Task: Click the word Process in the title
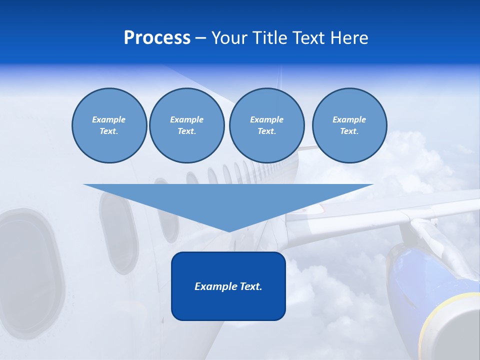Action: pyautogui.click(x=157, y=38)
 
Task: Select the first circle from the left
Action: pyautogui.click(x=109, y=125)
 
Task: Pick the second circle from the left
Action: pyautogui.click(x=186, y=125)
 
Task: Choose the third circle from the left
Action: pyautogui.click(x=266, y=125)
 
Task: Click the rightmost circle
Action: pyautogui.click(x=349, y=125)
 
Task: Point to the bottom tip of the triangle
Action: pyautogui.click(x=228, y=231)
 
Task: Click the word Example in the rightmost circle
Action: pyautogui.click(x=349, y=119)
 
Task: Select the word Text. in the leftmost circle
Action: pyautogui.click(x=109, y=131)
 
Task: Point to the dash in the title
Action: pyautogui.click(x=201, y=38)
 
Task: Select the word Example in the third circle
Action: pyautogui.click(x=266, y=119)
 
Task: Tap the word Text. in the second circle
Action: pyautogui.click(x=186, y=131)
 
